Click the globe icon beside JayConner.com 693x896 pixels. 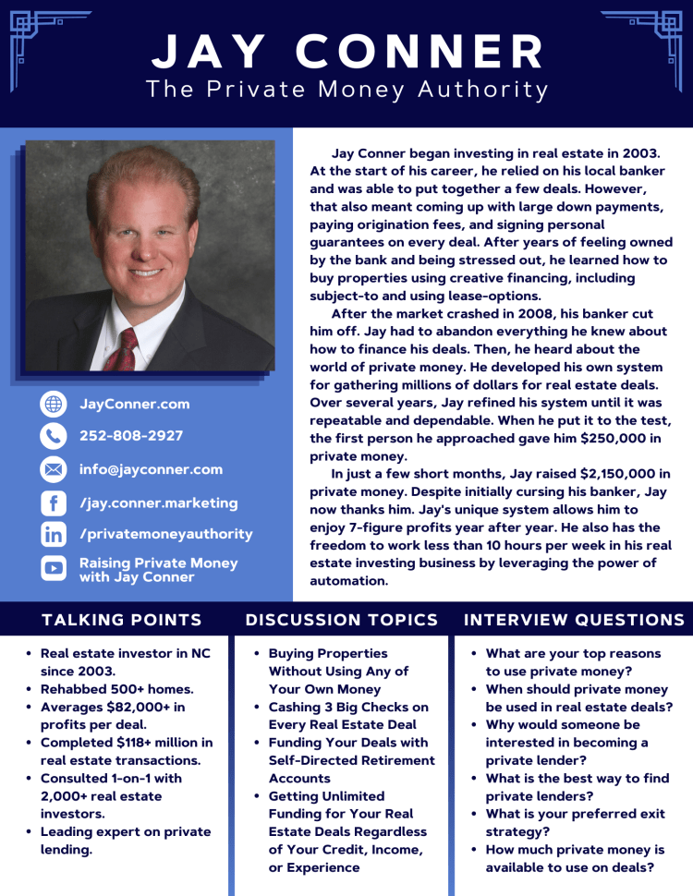point(54,404)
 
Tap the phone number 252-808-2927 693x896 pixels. point(131,436)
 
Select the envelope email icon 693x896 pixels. point(54,469)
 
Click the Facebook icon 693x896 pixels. point(54,503)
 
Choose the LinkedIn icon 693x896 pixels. point(54,534)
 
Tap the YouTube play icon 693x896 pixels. point(54,569)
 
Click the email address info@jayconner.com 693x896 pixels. point(151,469)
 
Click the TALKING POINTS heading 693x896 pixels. point(122,620)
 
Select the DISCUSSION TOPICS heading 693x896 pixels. point(342,620)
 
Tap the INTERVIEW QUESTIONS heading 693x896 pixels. point(574,620)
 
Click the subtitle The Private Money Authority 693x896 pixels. point(347,90)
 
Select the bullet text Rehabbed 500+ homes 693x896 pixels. point(116,689)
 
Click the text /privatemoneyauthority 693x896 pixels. point(166,534)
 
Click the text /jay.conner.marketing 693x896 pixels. point(159,503)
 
